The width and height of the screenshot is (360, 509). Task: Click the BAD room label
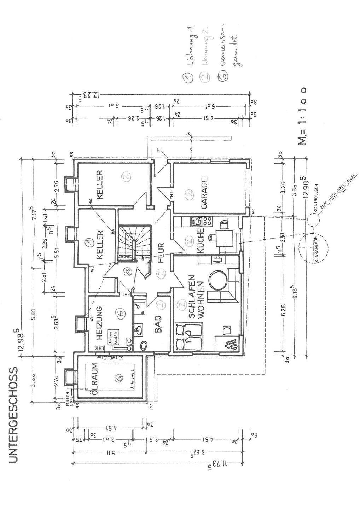(x=158, y=324)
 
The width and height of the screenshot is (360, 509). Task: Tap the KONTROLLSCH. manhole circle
(x=312, y=220)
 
